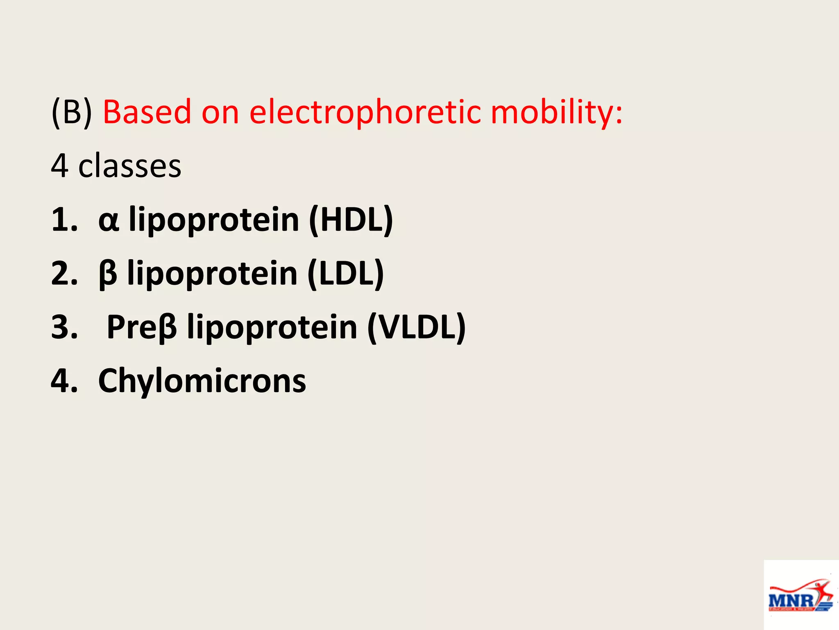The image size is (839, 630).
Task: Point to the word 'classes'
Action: coord(129,166)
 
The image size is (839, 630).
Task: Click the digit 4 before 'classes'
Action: coord(59,166)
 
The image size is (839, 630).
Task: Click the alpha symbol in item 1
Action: coord(109,221)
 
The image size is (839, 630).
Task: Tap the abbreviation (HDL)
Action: coord(351,220)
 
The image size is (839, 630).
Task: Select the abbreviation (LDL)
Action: coord(345,274)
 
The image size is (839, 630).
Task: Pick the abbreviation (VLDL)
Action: coord(416,327)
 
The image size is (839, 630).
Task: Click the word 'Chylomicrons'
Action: coord(202,381)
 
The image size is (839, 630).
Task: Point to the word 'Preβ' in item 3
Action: coord(142,327)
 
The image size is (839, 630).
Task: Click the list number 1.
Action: coord(64,220)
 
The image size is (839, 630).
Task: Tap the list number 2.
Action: coord(64,274)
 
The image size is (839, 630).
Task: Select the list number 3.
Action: coord(64,327)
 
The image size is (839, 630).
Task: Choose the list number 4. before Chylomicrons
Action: coord(64,381)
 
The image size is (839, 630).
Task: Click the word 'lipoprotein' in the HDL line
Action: coord(214,221)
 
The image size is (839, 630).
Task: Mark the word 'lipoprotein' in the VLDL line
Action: coord(272,328)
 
